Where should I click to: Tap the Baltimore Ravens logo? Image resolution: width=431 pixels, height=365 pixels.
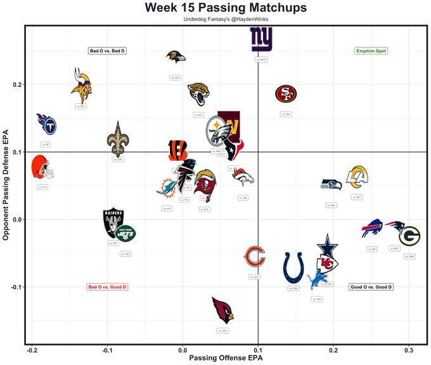point(176,58)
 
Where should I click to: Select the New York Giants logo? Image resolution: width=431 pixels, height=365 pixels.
point(262,40)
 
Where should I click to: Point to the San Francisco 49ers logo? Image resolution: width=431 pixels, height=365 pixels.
point(286,94)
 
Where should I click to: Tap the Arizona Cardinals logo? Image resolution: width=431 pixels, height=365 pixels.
point(222,310)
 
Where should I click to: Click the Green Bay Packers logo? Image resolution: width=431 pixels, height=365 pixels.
point(409,236)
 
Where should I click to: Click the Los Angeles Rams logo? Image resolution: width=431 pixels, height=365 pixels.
point(357,177)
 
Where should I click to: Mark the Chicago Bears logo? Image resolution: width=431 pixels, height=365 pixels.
point(255,257)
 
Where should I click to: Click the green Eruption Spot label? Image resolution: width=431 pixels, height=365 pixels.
point(371,51)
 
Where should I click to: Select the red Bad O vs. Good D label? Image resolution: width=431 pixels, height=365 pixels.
point(108,287)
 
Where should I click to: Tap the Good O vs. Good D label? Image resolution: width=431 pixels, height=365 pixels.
point(371,287)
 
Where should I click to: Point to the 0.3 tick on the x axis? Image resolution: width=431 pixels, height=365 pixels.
point(409,350)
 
